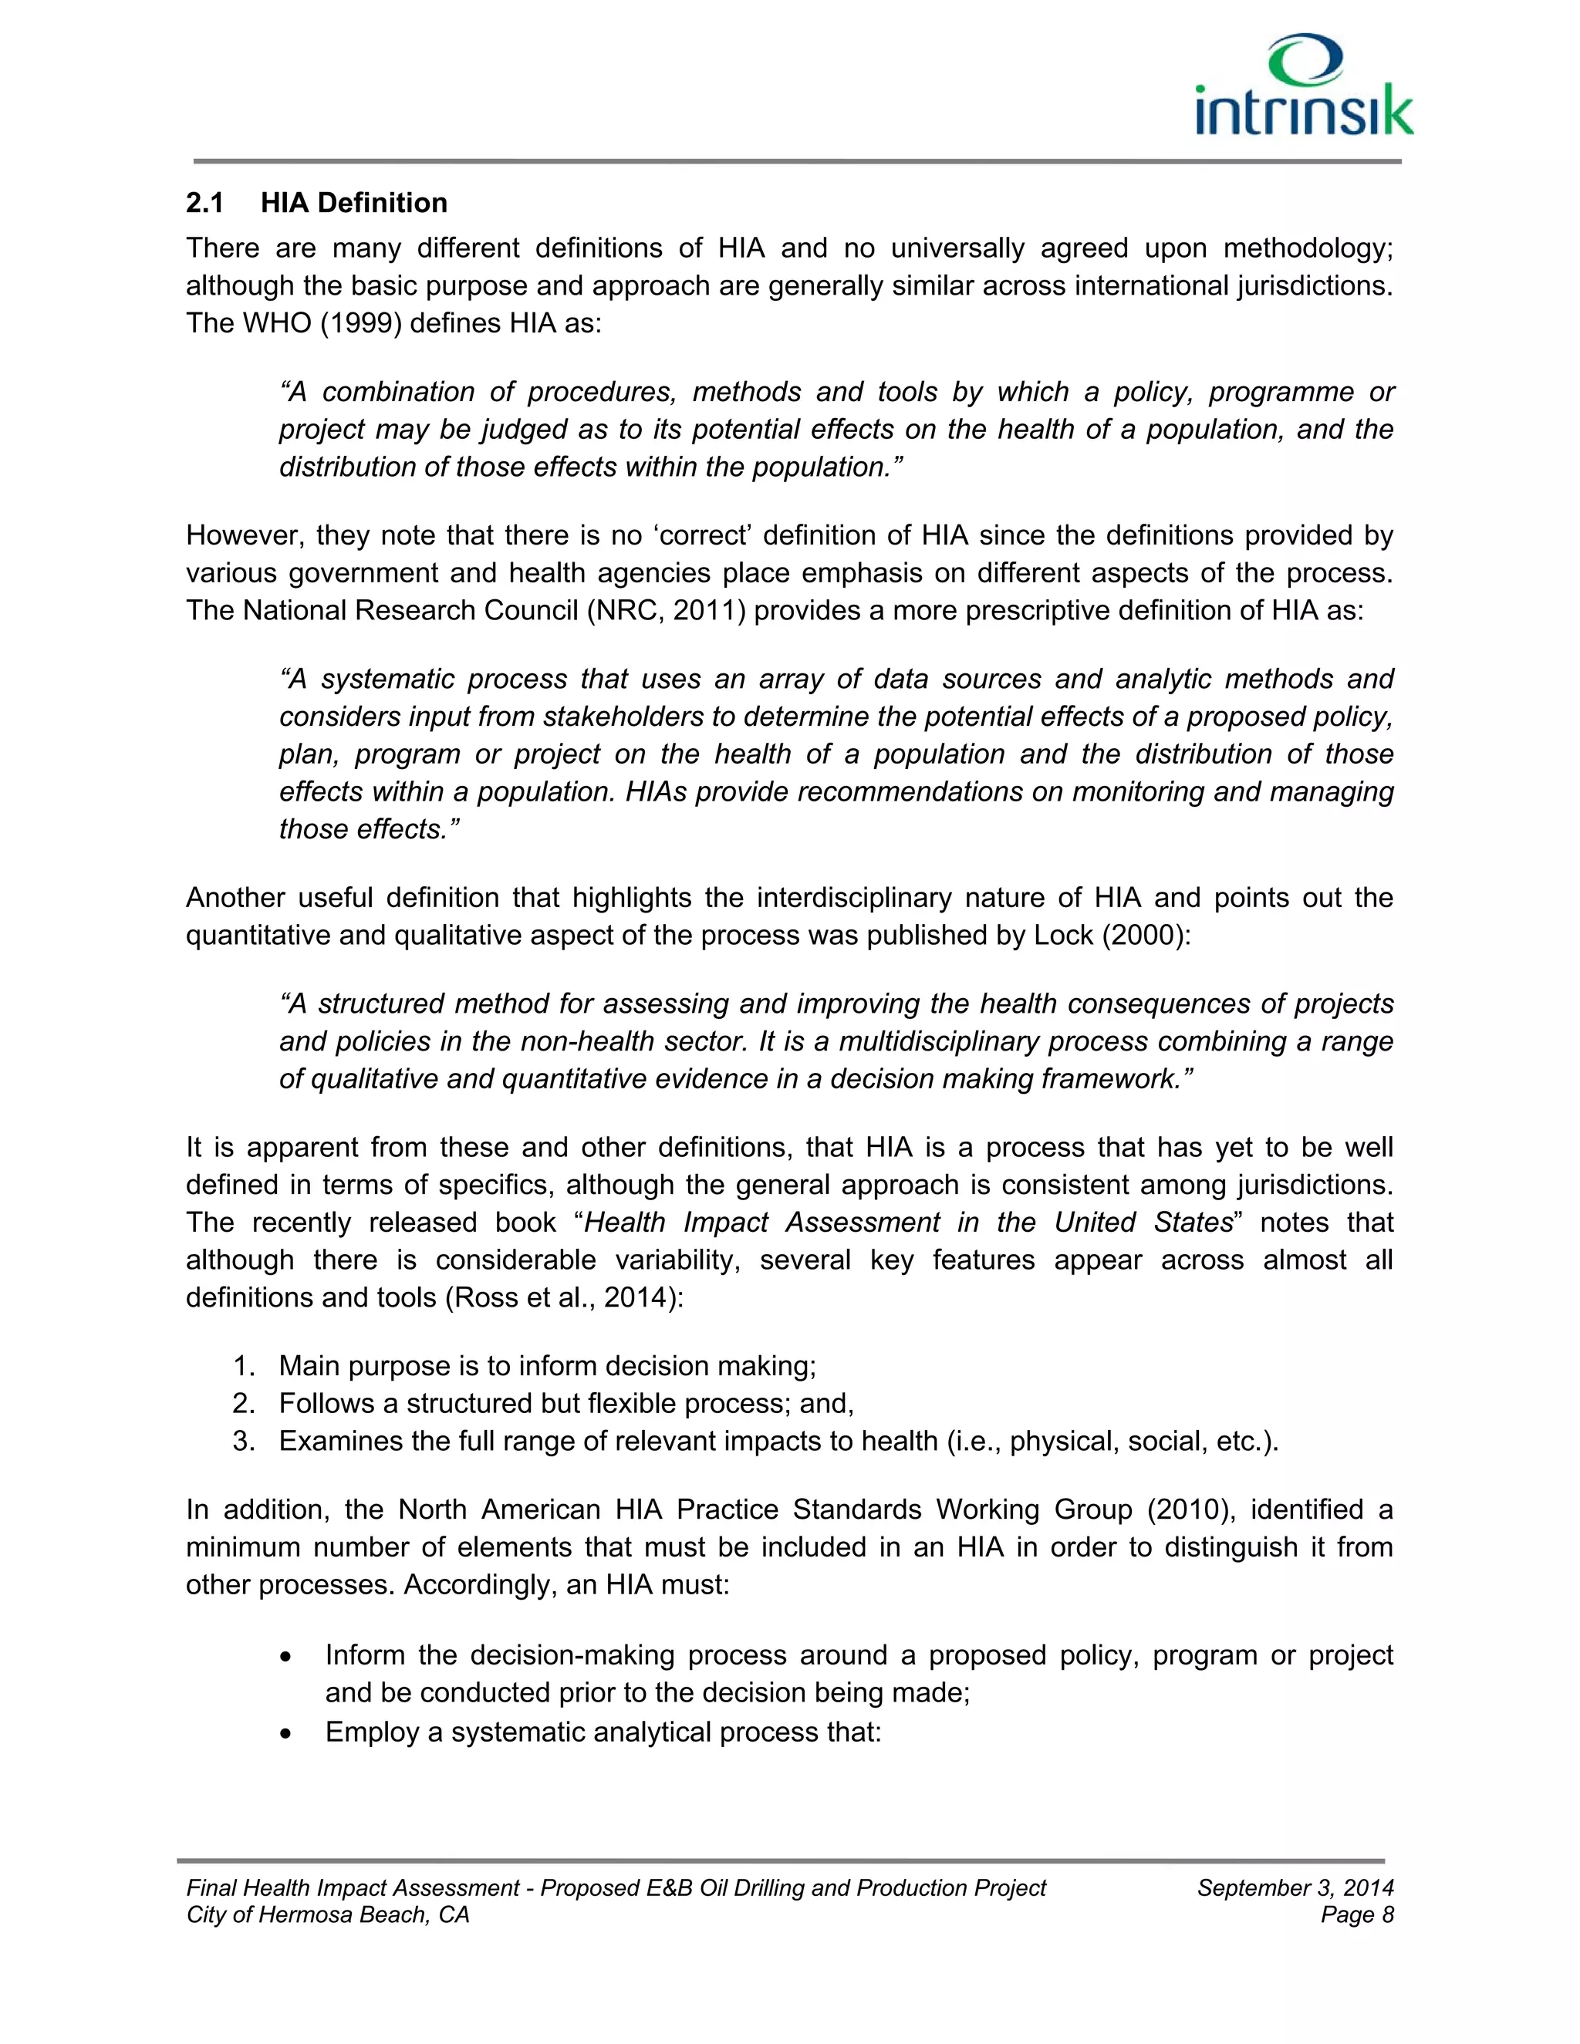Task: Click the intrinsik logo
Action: [x=1304, y=87]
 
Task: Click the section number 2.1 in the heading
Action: [x=205, y=203]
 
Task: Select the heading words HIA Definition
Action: [x=354, y=203]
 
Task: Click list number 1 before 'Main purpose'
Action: [x=245, y=1367]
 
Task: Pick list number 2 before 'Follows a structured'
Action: [x=245, y=1404]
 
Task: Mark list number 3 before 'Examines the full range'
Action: [x=245, y=1442]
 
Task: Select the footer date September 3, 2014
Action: [x=1295, y=1889]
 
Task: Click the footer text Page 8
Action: [x=1356, y=1915]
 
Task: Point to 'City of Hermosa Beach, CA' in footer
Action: [x=328, y=1915]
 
